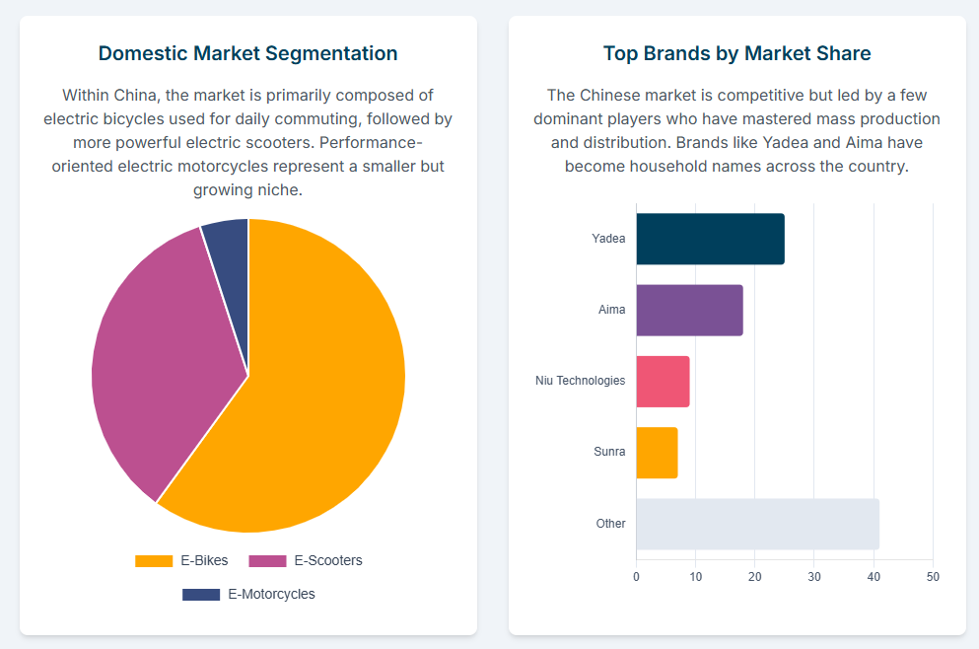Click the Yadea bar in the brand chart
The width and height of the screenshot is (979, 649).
710,239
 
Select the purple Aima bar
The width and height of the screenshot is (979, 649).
689,310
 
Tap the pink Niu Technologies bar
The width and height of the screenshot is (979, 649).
663,381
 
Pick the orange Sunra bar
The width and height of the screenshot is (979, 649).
657,453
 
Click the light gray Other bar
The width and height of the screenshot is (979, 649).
757,524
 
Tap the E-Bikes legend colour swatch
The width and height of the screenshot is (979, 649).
154,561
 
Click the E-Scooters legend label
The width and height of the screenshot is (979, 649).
328,561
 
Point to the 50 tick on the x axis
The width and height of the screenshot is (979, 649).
933,576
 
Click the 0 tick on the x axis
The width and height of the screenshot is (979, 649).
636,576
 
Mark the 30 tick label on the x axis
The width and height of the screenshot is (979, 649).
814,576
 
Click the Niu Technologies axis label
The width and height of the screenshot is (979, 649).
580,381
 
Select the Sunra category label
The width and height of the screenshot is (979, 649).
609,452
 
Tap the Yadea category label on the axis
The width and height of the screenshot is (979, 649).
608,239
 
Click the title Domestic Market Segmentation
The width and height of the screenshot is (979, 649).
248,53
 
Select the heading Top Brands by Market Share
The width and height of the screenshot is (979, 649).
737,53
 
